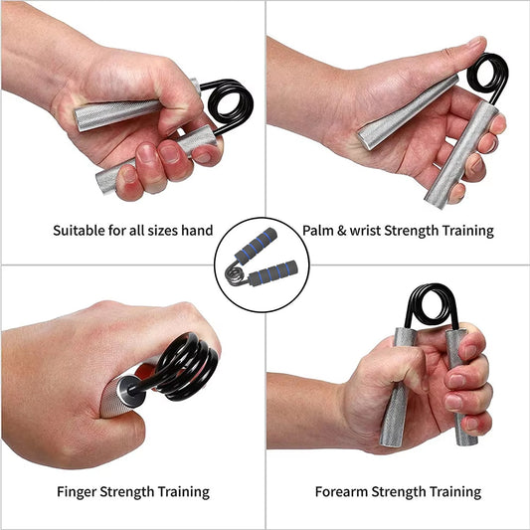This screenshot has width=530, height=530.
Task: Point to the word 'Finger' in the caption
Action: (78, 491)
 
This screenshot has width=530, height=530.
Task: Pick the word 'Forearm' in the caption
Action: (342, 491)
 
